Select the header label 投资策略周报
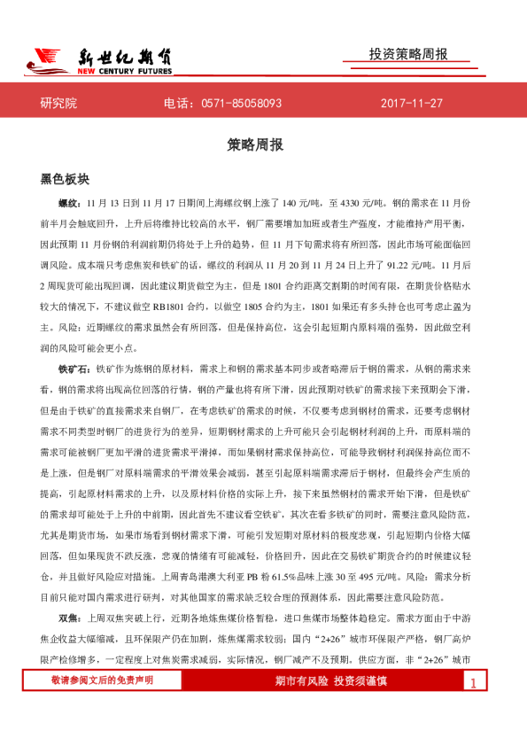click(408, 54)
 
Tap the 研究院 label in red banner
click(59, 104)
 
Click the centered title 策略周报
click(262, 144)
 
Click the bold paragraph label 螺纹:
click(70, 202)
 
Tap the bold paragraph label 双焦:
click(70, 617)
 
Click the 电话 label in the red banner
click(177, 104)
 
